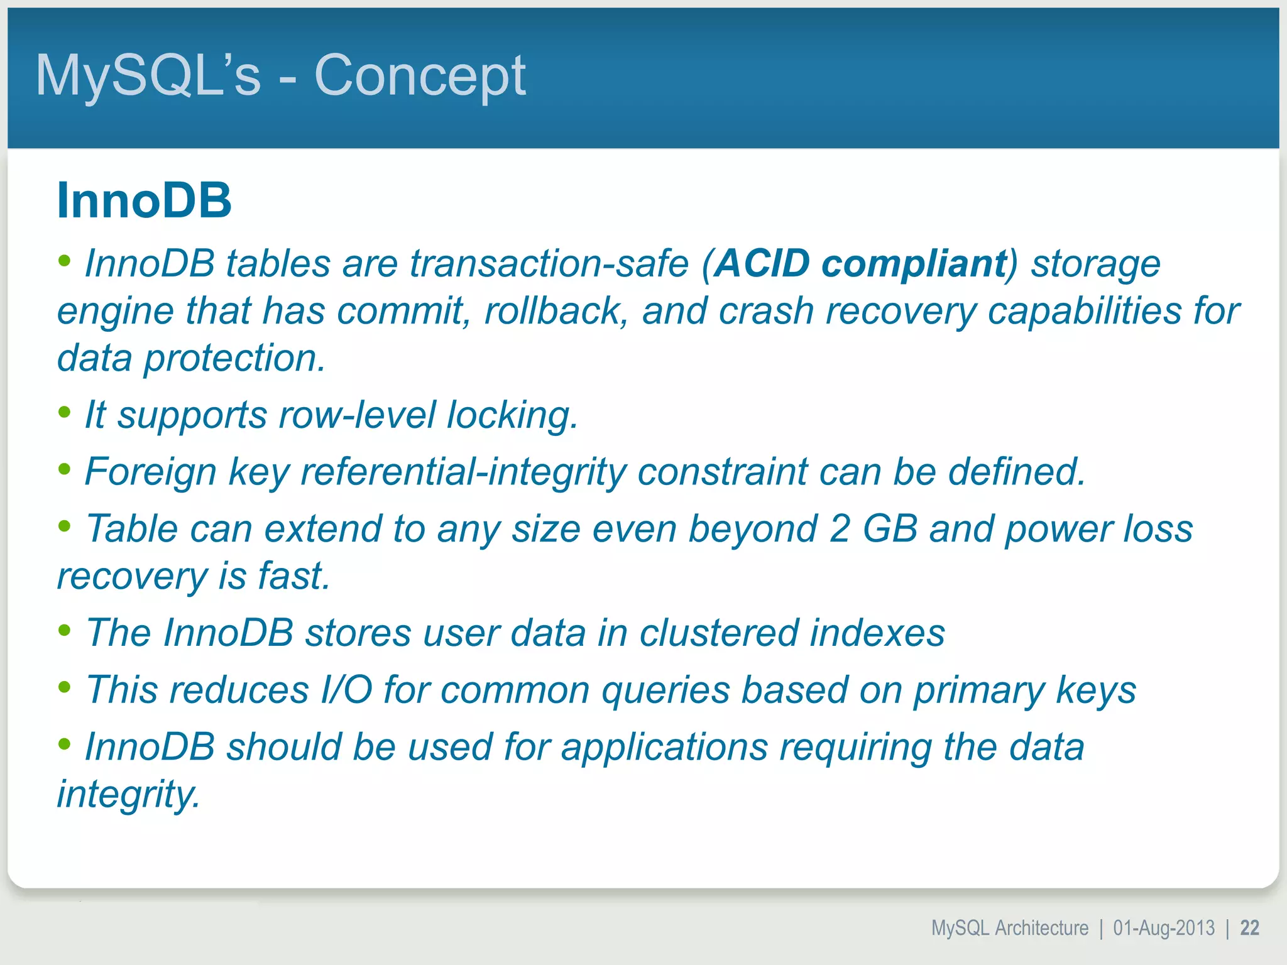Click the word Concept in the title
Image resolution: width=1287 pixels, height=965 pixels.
419,75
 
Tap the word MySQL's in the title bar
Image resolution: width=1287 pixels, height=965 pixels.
148,75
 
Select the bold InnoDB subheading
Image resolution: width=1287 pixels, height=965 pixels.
144,200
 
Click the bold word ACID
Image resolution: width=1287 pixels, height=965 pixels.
762,263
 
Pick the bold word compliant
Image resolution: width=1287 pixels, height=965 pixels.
914,263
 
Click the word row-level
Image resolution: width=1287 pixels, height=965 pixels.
357,415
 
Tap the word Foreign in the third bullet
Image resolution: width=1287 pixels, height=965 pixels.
150,471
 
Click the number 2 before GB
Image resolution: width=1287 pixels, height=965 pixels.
840,528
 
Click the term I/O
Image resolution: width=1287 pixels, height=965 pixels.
346,690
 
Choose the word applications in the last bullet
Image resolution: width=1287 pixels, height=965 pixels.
664,746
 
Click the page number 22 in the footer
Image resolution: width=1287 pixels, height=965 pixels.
1249,928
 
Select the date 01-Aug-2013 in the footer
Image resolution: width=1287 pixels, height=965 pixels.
1164,928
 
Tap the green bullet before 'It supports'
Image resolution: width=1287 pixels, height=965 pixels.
64,412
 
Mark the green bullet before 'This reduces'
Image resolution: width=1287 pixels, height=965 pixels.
64,687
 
